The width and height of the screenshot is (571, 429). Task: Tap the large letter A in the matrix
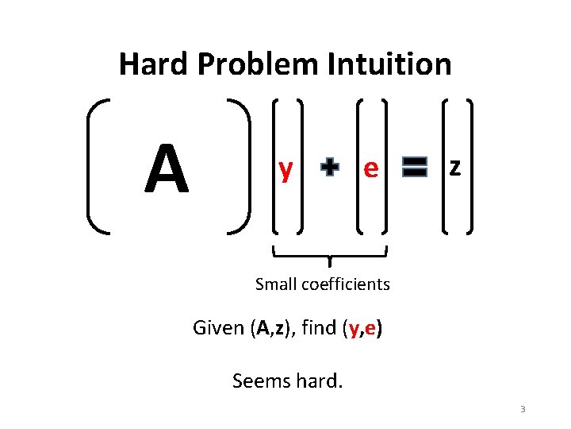167,169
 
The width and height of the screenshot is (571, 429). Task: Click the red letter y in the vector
285,168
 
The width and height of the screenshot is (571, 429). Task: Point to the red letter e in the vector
370,168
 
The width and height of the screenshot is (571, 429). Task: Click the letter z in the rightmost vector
454,167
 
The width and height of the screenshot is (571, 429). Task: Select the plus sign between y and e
329,168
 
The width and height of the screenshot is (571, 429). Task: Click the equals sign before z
414,167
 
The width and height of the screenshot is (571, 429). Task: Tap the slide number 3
523,410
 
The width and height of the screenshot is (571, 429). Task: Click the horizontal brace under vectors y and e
329,254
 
